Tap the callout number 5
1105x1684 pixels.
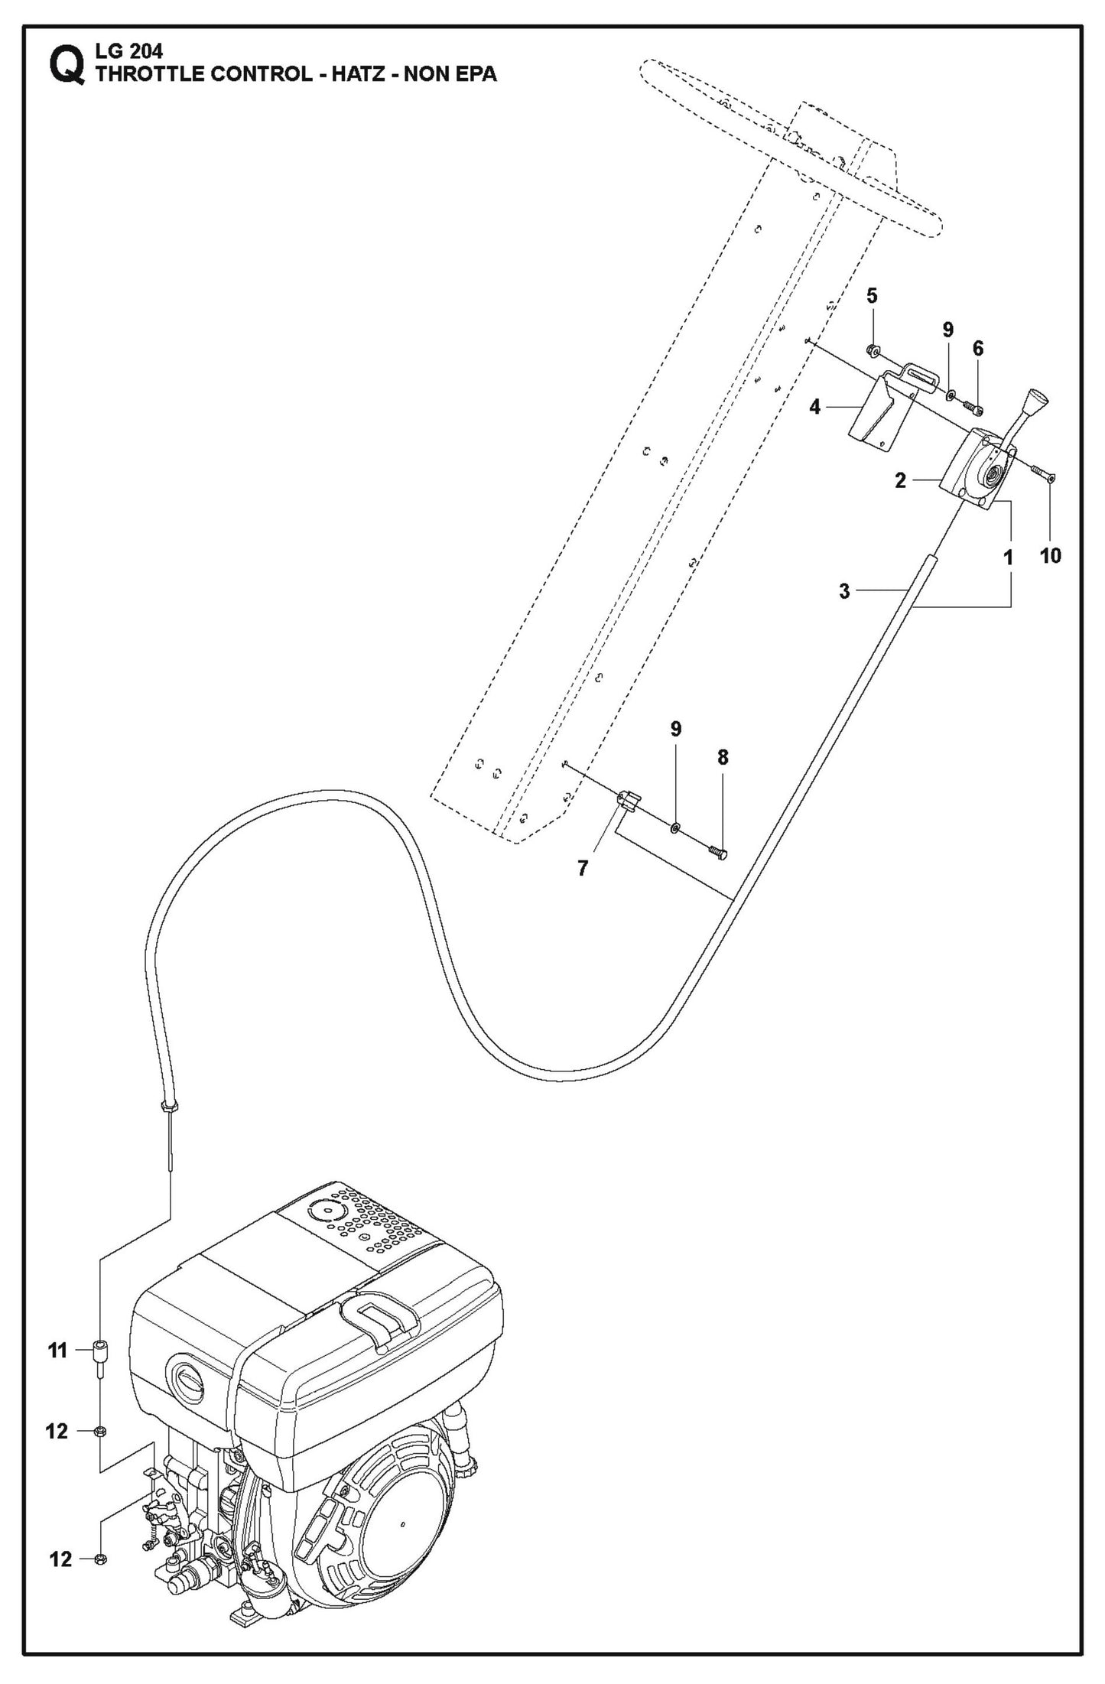(x=872, y=296)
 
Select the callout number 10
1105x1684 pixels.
(x=1051, y=556)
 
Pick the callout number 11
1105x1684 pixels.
(x=58, y=1351)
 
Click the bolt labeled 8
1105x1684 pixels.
(x=718, y=852)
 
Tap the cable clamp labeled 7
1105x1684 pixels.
(x=627, y=800)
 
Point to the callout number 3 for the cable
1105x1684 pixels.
(x=844, y=591)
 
